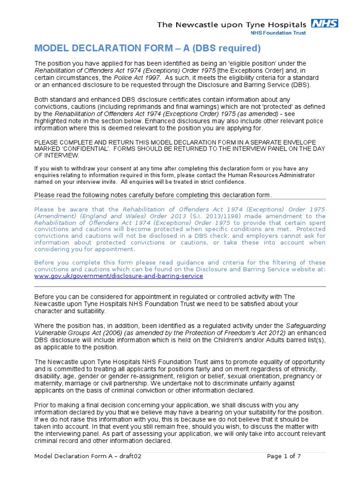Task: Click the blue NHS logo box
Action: coord(325,23)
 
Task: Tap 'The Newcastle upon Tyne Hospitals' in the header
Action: coord(232,24)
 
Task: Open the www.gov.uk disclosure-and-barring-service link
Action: coord(119,276)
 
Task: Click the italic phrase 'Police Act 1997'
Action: coord(140,77)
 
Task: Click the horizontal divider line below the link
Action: coord(180,286)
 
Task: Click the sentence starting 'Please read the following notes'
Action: coord(153,195)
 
